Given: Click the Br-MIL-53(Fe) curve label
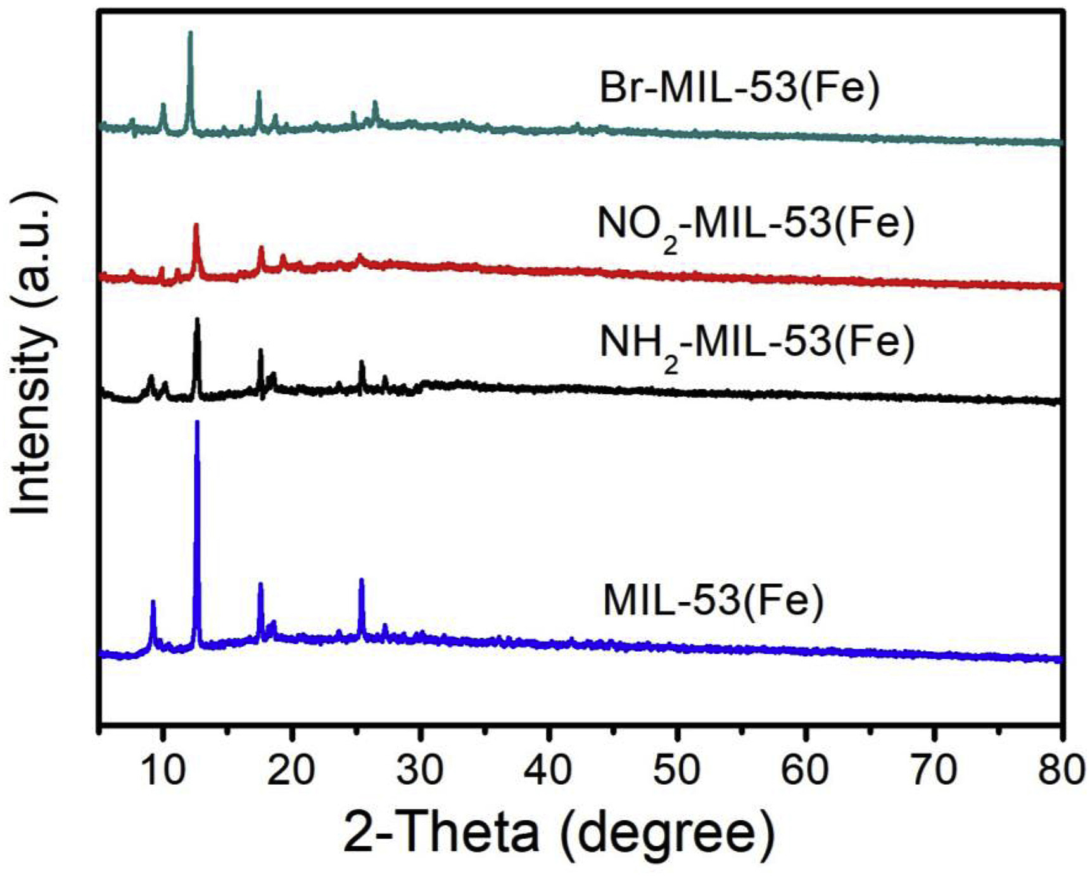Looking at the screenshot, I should pos(739,87).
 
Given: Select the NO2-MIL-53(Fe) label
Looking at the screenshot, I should pos(756,225).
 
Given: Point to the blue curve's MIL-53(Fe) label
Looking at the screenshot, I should pos(713,600).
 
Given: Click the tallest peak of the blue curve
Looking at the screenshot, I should pos(197,422).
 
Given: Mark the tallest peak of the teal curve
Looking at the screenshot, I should pos(190,32).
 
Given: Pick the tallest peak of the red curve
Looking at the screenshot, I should pos(196,225).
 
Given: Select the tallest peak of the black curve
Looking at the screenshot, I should pos(197,319).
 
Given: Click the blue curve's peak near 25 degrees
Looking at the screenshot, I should pos(362,580).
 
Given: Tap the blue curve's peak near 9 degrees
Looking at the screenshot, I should pos(153,602).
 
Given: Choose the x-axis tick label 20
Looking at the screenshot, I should pos(291,770).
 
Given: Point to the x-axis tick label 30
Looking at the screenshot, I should pos(420,770).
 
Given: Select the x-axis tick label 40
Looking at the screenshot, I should pos(548,770).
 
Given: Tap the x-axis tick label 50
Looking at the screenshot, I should pos(677,770).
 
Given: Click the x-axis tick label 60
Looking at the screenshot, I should pos(806,770).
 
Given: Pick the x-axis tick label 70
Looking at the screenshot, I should pos(934,770).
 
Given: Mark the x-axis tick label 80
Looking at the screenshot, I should pos(1061,770).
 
